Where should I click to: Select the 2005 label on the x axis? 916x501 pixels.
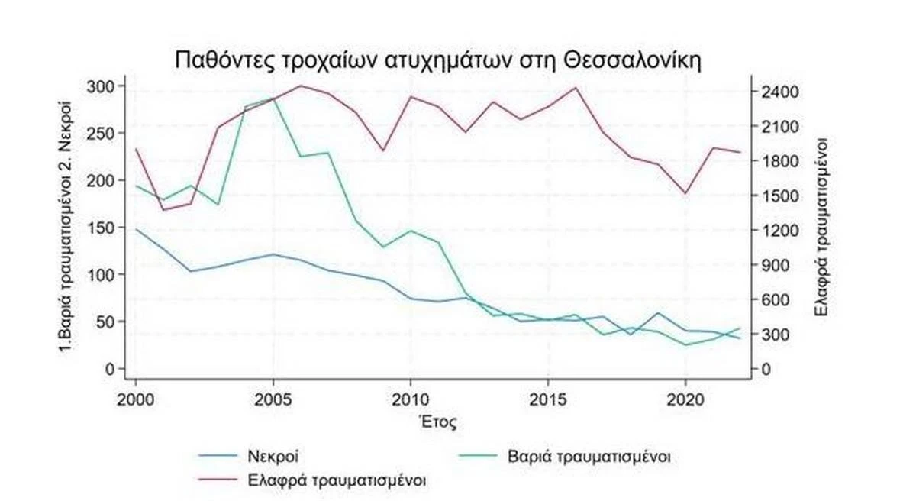click(273, 399)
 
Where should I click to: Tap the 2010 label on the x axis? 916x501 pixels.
click(411, 399)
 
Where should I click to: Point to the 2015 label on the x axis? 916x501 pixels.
click(547, 399)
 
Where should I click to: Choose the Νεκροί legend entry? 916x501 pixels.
click(272, 457)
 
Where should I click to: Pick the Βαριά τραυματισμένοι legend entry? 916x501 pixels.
click(589, 457)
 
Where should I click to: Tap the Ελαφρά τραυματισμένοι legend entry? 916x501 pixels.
click(337, 481)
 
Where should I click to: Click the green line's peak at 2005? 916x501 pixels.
click(273, 99)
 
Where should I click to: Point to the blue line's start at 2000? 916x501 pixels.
click(136, 229)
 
